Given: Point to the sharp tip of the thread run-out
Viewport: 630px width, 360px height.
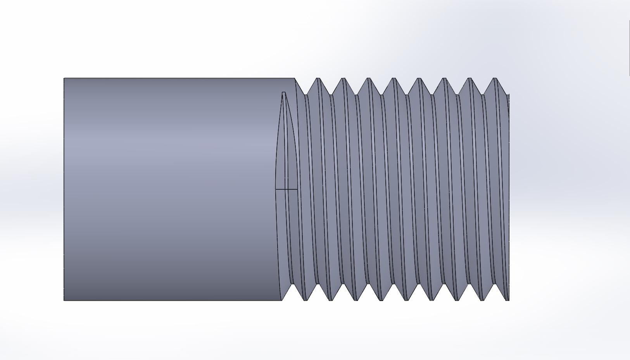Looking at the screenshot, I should click(x=283, y=93).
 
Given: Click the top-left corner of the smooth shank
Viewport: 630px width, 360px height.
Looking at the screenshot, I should click(x=64, y=79).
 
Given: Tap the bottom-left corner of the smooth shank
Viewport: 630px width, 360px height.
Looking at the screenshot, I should click(x=64, y=300).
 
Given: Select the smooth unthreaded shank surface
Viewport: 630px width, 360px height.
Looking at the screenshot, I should click(x=171, y=186).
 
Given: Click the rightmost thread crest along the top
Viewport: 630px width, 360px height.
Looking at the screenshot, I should click(x=495, y=79).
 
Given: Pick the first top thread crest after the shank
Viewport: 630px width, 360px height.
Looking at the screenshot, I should click(x=318, y=79).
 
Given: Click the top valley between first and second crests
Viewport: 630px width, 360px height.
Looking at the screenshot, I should click(x=331, y=94).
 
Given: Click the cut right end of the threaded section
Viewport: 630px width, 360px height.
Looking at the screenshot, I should click(x=508, y=194).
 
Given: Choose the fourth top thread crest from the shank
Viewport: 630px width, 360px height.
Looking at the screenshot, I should click(x=394, y=79).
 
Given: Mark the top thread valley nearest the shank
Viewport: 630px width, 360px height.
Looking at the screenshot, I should click(x=306, y=94).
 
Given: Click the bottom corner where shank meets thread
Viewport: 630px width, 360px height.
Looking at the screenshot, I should click(x=282, y=300).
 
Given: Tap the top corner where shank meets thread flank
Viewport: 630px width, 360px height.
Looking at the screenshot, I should click(x=295, y=79).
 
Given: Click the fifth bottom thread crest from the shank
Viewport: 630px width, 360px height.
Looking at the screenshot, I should click(x=406, y=300).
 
